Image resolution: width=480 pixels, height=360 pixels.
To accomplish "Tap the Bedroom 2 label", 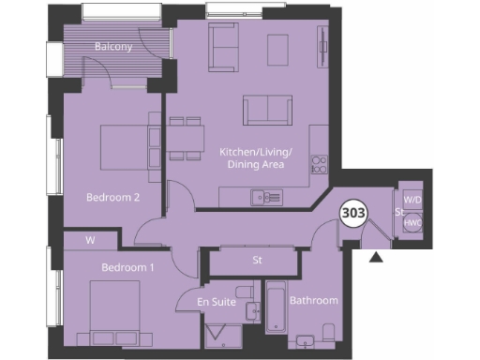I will point(112,197).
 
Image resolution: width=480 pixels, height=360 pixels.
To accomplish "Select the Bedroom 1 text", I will point(127,267).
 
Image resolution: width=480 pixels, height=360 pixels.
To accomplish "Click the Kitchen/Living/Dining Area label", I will point(256,157).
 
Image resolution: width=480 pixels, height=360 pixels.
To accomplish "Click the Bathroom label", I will point(313,301).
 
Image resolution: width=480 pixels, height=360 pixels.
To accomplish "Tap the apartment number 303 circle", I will point(352,213).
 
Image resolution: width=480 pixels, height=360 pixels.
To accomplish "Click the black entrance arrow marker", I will point(377,257).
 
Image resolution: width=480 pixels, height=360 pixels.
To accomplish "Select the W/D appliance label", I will point(412,200).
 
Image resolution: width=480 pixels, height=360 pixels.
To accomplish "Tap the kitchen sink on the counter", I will point(266,196).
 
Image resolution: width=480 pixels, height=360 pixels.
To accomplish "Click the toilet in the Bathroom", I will point(328,332).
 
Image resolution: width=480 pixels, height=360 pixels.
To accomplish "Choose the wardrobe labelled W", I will point(91,240).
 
